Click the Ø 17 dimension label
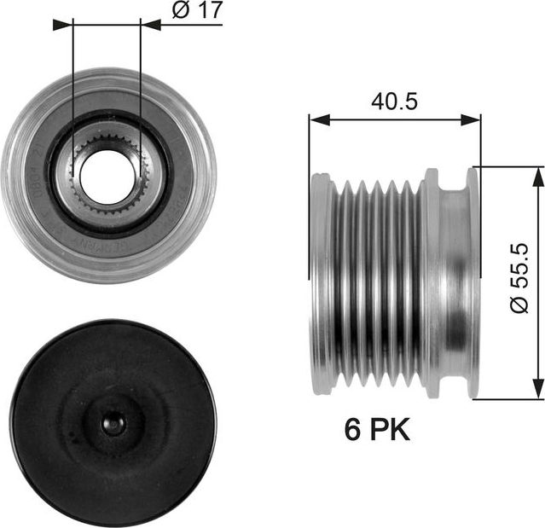pos(197,10)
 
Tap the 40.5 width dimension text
pos(394,102)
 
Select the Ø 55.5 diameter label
pos(519,278)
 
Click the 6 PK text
pos(377,430)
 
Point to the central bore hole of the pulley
pos(107,177)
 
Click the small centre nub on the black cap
pos(113,423)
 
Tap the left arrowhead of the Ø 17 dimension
pos(64,25)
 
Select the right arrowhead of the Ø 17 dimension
pos(150,25)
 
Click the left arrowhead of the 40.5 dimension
pos(319,120)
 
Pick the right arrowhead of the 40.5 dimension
pos(471,120)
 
